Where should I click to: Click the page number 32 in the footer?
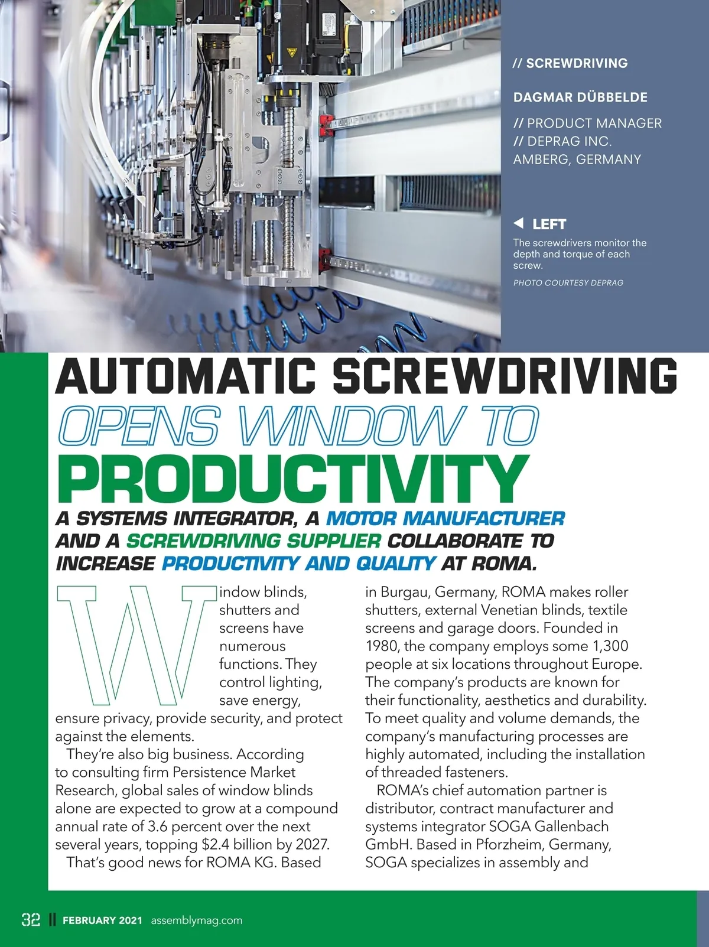[x=31, y=919]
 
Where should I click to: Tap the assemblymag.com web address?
[x=196, y=920]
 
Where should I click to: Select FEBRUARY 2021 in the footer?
[x=102, y=920]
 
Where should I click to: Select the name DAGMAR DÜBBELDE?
[x=580, y=97]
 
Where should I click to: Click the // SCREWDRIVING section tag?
[x=570, y=63]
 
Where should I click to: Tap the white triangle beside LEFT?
[x=519, y=223]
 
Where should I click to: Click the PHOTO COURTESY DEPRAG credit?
[x=568, y=283]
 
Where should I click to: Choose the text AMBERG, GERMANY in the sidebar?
[x=577, y=160]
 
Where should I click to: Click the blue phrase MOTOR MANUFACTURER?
[x=445, y=519]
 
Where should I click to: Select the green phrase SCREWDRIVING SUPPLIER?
[x=254, y=541]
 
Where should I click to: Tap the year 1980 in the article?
[x=382, y=646]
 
